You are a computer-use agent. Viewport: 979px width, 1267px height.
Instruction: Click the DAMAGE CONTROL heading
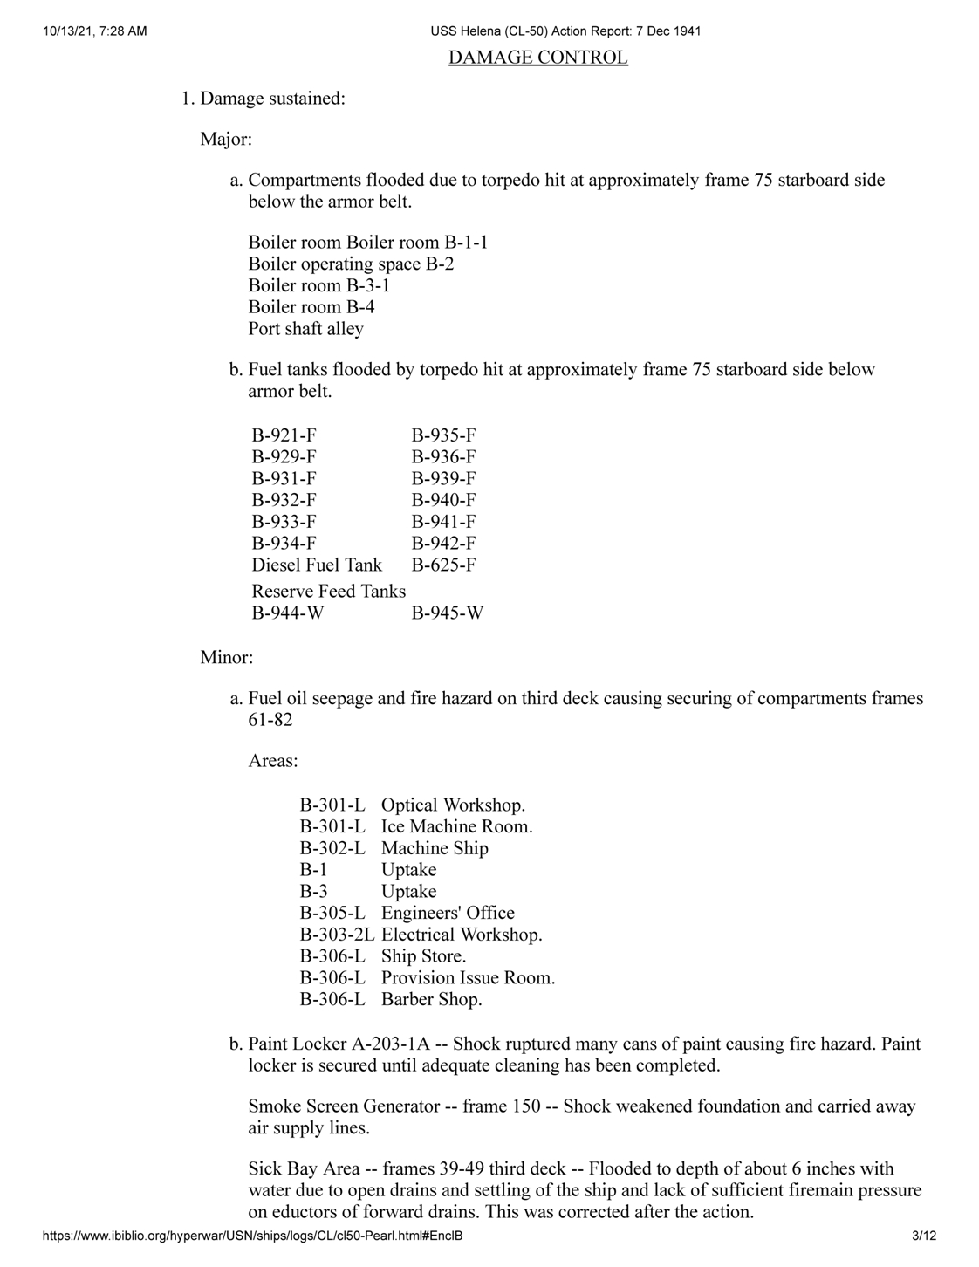(x=537, y=58)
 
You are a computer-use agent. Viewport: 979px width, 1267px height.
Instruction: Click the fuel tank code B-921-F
(x=284, y=435)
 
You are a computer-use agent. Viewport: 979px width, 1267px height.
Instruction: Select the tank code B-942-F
(x=443, y=544)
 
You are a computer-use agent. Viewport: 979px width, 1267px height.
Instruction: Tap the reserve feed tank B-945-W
(x=447, y=613)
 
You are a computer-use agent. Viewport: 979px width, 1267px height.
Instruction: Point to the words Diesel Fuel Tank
(x=317, y=565)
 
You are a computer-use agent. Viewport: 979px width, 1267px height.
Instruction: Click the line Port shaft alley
(x=305, y=329)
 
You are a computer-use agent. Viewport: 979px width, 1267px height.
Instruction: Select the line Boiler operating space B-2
(x=351, y=264)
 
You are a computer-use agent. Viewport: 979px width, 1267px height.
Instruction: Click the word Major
(x=225, y=140)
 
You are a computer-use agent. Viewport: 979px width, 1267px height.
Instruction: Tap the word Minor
(x=226, y=657)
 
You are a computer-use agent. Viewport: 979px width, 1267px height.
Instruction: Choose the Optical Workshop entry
(x=453, y=805)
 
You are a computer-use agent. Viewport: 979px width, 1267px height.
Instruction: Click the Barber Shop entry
(x=431, y=999)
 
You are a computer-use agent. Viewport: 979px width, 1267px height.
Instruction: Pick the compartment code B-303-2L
(x=337, y=935)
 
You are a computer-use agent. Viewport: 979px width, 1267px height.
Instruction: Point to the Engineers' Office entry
(x=448, y=913)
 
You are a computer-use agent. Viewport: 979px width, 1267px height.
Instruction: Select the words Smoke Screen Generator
(x=344, y=1106)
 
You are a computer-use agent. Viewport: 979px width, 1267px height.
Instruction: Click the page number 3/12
(x=923, y=1236)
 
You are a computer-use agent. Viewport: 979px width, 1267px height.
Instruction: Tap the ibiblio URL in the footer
(x=252, y=1236)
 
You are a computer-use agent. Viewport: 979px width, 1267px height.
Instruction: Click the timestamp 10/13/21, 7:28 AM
(x=93, y=31)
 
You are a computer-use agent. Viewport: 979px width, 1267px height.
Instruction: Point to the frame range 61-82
(x=270, y=720)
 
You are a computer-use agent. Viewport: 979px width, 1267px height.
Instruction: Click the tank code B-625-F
(x=443, y=565)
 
